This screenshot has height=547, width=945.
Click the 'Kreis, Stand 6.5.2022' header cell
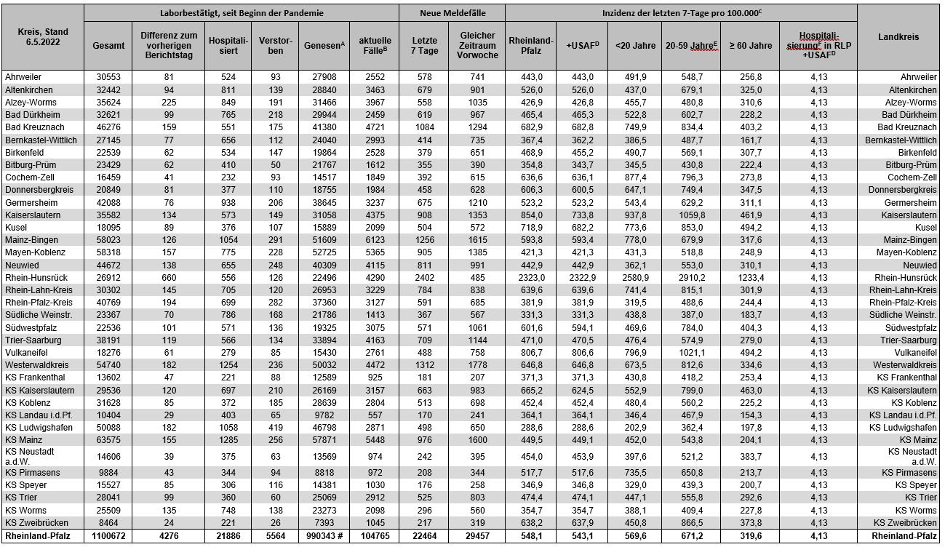[x=42, y=37]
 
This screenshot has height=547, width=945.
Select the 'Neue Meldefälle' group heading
[x=452, y=13]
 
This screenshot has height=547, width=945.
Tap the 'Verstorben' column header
[x=271, y=45]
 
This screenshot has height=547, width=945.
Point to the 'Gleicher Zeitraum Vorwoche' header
[x=478, y=45]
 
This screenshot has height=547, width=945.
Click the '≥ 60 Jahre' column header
[x=749, y=45]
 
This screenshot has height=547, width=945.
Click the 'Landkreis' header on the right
[x=898, y=37]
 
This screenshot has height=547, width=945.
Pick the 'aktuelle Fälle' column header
[x=375, y=45]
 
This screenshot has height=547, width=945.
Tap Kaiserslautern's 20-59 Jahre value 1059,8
[x=691, y=215]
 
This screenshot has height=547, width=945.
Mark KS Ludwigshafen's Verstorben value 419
[x=271, y=427]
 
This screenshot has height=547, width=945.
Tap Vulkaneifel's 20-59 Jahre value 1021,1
[x=691, y=351]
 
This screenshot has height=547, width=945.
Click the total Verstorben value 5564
[x=271, y=536]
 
